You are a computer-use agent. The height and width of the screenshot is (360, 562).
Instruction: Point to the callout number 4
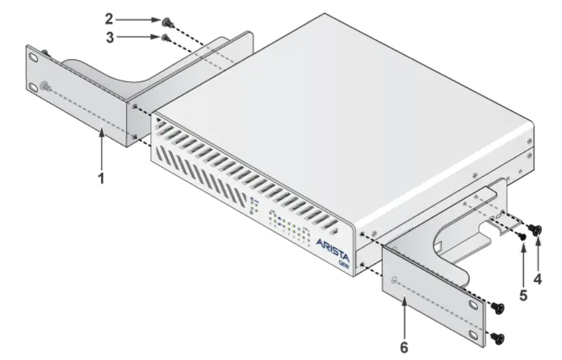point(538,279)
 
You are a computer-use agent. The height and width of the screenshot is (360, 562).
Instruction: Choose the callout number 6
point(404,347)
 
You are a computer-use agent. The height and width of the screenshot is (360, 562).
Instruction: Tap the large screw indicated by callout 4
point(538,229)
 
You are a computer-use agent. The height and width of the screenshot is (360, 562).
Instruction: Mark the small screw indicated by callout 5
point(522,236)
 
